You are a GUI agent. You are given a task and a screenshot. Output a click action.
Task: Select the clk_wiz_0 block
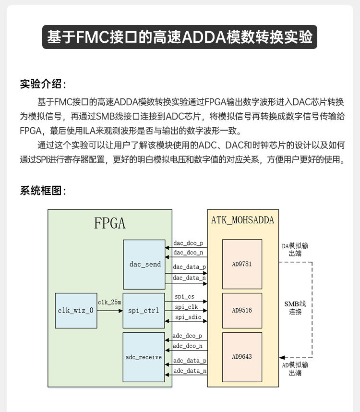pos(76,310)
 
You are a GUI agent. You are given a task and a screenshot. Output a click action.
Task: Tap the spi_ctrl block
pos(144,310)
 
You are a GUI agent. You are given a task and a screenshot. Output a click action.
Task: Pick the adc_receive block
pos(144,357)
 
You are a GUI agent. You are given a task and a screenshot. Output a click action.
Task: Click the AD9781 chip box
pos(242,264)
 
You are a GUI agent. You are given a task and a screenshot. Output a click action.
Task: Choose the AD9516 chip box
pos(242,310)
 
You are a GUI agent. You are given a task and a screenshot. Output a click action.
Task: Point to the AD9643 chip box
pos(242,357)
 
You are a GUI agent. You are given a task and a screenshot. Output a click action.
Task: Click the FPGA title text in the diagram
pos(109,224)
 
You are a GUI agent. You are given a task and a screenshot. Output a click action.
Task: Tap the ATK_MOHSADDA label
pos(242,220)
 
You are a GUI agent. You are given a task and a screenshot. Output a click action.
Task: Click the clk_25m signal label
pos(109,303)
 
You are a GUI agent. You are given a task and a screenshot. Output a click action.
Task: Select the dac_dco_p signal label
pos(188,243)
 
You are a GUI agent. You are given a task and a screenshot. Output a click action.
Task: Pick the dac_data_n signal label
pos(190,278)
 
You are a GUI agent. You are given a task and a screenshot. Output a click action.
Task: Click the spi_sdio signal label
pos(186,317)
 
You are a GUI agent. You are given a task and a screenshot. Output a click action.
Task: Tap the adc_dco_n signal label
pos(188,345)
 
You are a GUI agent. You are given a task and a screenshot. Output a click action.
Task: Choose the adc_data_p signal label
pos(190,360)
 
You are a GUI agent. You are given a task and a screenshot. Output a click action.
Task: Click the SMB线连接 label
pos(295,307)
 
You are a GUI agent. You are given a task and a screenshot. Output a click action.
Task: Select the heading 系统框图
pos(42,191)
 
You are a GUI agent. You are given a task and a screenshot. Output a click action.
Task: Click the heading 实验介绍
pos(42,84)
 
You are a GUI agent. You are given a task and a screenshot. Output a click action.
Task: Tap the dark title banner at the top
pos(180,37)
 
